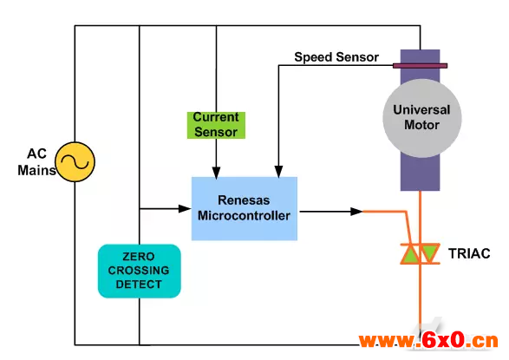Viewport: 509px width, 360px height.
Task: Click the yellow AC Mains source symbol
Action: (75, 161)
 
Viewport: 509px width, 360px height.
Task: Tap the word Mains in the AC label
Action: (36, 170)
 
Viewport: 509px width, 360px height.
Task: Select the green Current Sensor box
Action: (216, 125)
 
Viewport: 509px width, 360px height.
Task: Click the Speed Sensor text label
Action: (336, 57)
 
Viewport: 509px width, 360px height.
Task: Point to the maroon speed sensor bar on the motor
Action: (420, 66)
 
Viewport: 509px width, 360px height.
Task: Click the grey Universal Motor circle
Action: (422, 118)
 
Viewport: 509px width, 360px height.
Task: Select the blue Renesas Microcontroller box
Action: (245, 209)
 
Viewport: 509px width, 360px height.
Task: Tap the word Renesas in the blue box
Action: (244, 200)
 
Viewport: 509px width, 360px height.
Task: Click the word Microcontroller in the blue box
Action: (245, 216)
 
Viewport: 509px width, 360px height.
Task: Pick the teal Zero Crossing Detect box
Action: (140, 271)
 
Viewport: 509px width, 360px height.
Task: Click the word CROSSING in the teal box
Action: (139, 271)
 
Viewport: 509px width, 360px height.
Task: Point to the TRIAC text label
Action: (469, 253)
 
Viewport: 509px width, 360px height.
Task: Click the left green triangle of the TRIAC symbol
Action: (411, 254)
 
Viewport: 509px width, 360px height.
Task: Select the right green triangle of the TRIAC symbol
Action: (429, 252)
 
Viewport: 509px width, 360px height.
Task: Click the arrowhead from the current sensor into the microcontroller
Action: (216, 173)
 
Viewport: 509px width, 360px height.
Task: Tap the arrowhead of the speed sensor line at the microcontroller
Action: (278, 172)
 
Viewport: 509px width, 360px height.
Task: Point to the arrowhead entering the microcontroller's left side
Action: (185, 209)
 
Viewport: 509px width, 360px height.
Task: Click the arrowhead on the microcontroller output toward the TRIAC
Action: (356, 212)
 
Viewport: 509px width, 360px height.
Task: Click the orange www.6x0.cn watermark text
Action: (428, 341)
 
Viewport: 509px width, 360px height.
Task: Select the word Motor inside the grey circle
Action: (421, 125)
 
